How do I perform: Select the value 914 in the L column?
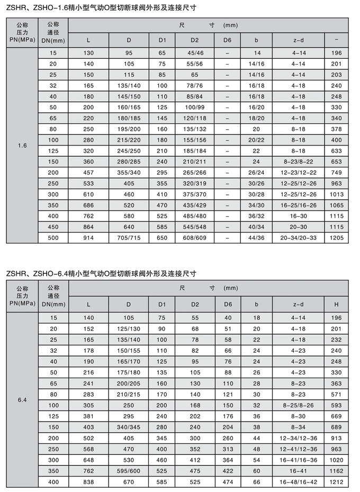click(x=88, y=238)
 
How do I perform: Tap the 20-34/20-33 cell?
click(x=298, y=238)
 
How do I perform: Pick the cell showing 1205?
click(x=336, y=238)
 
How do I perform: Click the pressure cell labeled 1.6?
click(x=22, y=145)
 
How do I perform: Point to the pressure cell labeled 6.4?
click(x=22, y=399)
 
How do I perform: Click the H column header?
click(x=336, y=304)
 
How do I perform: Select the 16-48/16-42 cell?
click(x=298, y=481)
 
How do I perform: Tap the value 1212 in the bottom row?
click(x=336, y=481)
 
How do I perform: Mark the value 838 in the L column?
click(x=88, y=481)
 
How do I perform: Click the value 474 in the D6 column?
click(x=228, y=481)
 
